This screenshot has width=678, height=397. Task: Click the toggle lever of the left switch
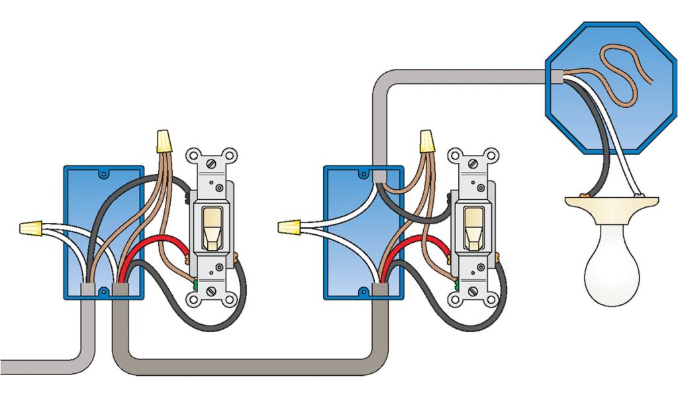click(213, 228)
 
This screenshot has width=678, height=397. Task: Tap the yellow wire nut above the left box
click(162, 140)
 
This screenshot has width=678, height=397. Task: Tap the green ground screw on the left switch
click(197, 285)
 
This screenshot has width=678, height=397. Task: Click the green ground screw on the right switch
click(458, 285)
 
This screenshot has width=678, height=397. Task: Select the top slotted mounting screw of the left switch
click(213, 161)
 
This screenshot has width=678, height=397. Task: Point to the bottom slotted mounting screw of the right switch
click(472, 290)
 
